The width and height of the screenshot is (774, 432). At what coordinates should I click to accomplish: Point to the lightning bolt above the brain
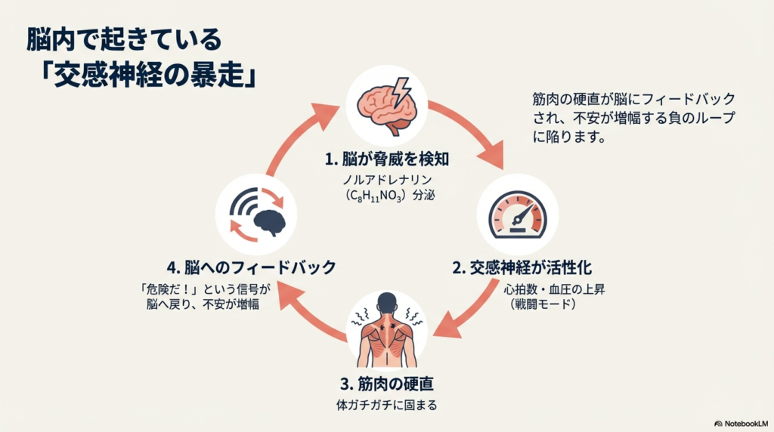(401, 88)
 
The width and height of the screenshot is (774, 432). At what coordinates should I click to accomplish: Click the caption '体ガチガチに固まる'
(386, 404)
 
